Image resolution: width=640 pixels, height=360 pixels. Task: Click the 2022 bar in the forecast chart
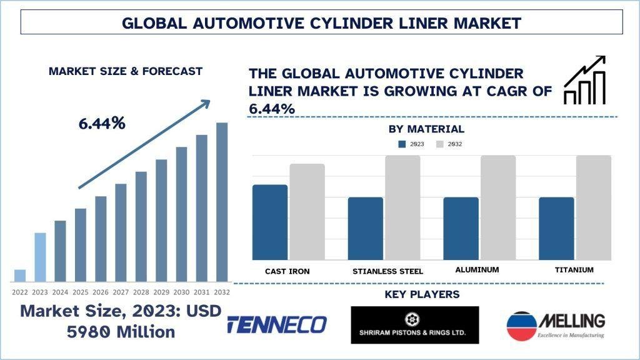click(x=20, y=276)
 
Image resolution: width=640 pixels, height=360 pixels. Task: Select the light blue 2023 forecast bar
click(x=40, y=257)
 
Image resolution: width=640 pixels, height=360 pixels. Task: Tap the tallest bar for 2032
click(x=222, y=202)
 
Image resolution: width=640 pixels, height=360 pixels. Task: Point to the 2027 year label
click(x=121, y=292)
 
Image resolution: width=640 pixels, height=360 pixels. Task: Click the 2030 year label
click(x=181, y=292)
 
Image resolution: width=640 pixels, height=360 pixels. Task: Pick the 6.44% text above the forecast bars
click(x=102, y=124)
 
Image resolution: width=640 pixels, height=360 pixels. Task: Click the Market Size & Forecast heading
click(x=126, y=71)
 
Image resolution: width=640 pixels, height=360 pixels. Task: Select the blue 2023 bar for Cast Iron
click(x=270, y=222)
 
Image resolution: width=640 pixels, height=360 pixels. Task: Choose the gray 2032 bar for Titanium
click(x=593, y=207)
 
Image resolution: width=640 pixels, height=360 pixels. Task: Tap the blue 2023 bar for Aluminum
click(x=461, y=229)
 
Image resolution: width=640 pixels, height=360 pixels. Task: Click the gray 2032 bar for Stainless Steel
click(x=402, y=207)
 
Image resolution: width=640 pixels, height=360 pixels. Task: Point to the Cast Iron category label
click(x=287, y=271)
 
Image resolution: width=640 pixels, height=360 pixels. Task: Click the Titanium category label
click(x=573, y=270)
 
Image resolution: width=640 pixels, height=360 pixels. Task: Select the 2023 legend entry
click(x=412, y=144)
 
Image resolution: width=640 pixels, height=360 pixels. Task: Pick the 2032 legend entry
click(x=449, y=144)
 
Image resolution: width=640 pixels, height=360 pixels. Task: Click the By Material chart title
click(x=426, y=129)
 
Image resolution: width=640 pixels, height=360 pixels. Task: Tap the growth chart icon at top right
click(x=584, y=80)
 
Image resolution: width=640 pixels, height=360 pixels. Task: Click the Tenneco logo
click(x=277, y=324)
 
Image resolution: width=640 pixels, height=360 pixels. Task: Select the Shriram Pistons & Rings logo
click(x=415, y=324)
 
